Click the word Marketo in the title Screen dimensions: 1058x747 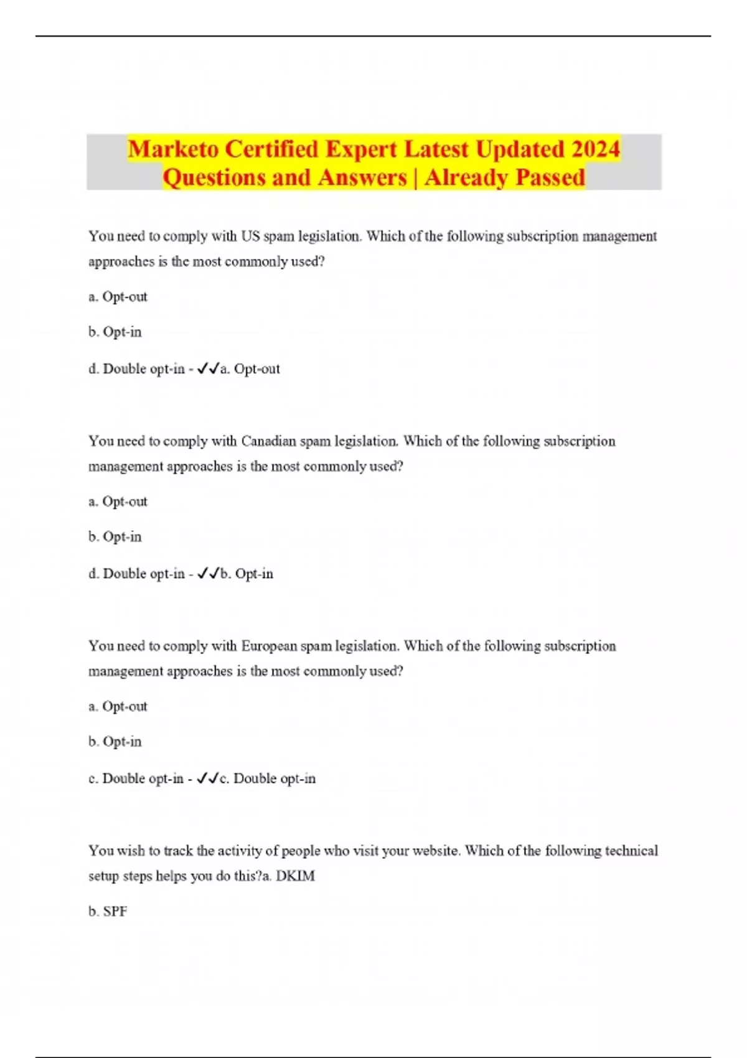[173, 149]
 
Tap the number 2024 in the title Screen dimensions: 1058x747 [595, 149]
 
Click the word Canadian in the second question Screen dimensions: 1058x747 [268, 441]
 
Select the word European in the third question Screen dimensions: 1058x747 [269, 646]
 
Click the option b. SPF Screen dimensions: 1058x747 [108, 912]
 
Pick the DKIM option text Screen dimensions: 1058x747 [295, 876]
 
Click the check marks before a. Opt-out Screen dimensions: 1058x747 [208, 369]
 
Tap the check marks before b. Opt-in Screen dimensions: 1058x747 [208, 574]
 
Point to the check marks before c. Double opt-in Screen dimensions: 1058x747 [207, 779]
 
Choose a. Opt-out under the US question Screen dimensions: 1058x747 [118, 297]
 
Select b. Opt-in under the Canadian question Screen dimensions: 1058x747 [115, 537]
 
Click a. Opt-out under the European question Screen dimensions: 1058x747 [118, 706]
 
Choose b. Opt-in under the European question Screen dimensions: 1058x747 [115, 742]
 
